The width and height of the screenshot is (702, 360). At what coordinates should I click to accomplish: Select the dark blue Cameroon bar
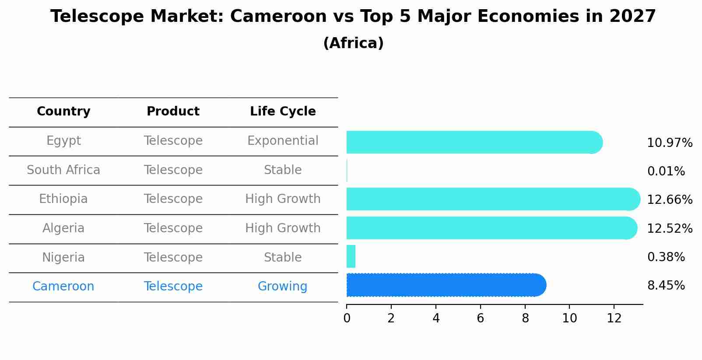tap(446, 285)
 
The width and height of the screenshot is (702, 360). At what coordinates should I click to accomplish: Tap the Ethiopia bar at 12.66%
tap(493, 199)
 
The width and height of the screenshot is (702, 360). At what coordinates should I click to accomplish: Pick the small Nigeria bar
tap(351, 256)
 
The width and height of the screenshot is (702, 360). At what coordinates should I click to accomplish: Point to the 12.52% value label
tap(670, 228)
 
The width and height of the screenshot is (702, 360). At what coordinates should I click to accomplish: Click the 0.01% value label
tap(666, 171)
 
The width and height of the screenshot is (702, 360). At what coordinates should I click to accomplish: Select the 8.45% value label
tap(666, 286)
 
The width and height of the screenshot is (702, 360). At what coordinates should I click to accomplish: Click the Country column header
tap(63, 112)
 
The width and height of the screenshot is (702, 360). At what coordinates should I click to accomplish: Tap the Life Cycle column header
tap(283, 112)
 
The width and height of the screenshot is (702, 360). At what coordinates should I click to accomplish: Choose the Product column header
tap(173, 112)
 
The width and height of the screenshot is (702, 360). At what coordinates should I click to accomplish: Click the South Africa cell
tap(63, 170)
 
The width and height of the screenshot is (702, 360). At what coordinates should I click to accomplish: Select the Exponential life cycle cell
tap(283, 141)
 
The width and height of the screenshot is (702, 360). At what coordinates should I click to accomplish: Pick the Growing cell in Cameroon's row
tap(282, 287)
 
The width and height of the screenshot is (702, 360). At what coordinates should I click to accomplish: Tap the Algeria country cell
tap(63, 228)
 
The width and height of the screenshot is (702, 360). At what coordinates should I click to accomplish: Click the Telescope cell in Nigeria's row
tap(173, 257)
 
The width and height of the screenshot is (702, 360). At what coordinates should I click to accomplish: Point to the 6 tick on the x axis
tap(480, 318)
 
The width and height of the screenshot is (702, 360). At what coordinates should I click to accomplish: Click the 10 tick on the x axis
tap(569, 318)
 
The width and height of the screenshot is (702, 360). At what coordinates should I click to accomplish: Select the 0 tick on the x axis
tap(347, 318)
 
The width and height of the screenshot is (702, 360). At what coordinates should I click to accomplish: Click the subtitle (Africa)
tap(353, 43)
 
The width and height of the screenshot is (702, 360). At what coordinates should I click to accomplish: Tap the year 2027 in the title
tap(632, 17)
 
